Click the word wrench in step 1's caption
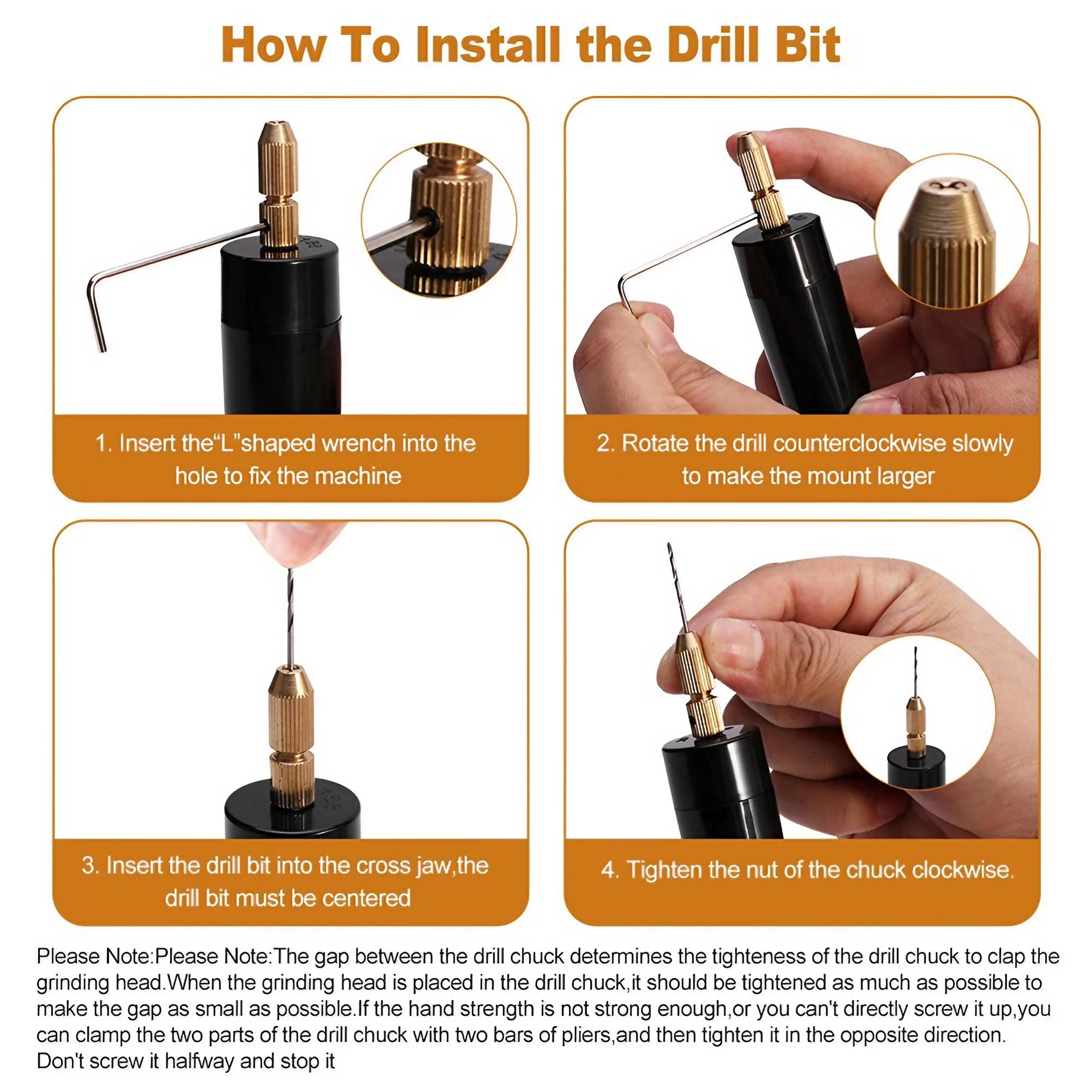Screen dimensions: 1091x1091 359,443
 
